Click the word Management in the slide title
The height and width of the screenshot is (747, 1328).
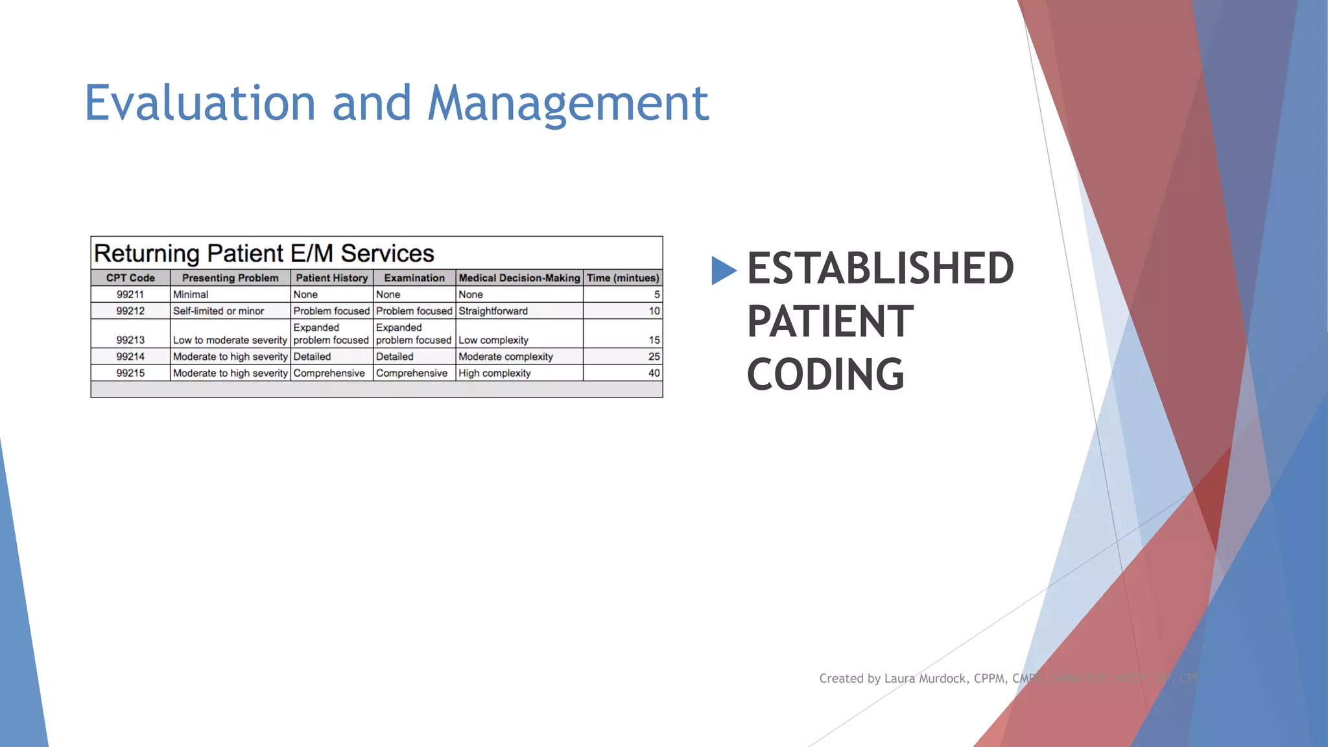pos(568,104)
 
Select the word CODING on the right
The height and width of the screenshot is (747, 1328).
pos(825,375)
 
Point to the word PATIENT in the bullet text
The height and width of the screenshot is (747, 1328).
pos(830,322)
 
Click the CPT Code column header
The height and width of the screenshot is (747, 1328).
pos(130,278)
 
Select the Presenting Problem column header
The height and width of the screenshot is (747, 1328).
pos(230,278)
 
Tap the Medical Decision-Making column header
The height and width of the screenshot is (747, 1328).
pos(519,278)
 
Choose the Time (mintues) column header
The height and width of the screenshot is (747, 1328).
pos(623,278)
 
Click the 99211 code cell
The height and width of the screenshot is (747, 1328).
pos(130,294)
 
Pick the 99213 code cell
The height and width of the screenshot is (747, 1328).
pos(130,340)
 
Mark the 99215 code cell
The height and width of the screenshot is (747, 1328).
pos(130,373)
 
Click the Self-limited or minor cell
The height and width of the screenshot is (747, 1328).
pos(219,311)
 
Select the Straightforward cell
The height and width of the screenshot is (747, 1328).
pos(493,311)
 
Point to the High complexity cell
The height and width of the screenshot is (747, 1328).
pos(495,373)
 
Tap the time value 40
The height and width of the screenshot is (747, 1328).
pos(654,373)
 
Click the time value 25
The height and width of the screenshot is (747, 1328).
pos(654,357)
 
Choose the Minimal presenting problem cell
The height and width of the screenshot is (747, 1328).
pos(191,294)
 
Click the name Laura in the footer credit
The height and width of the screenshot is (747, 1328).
pos(900,678)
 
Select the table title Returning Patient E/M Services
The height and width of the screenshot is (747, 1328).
pos(264,253)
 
